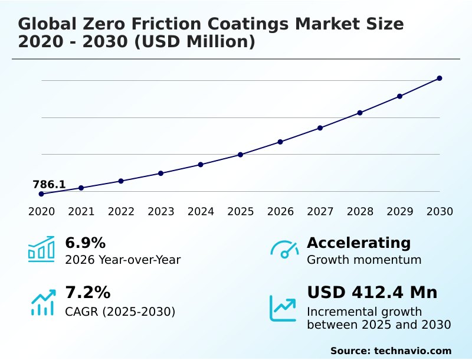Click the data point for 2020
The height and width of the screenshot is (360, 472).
pos(41,194)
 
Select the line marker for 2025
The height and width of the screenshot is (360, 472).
pos(241,155)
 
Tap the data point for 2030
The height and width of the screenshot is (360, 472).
pos(440,78)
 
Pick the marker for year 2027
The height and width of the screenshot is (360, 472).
pos(320,127)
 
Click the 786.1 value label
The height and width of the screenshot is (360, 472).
pos(49,184)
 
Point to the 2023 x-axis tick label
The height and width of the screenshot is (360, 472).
pos(161,211)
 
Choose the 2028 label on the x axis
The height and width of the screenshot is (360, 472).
pos(360,211)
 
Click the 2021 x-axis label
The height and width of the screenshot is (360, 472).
pos(81,211)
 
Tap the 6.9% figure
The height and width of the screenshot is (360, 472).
pos(85,243)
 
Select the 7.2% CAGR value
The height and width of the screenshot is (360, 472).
pos(87,292)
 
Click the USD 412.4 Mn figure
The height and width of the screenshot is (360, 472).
pos(372,292)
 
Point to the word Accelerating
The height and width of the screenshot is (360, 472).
pos(359,243)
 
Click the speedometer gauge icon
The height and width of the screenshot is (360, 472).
pos(284,249)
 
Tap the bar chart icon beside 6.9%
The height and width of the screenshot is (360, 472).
pos(41,249)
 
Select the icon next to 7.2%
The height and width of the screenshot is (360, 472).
pos(42,302)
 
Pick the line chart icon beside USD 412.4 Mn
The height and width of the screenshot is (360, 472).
pos(283,308)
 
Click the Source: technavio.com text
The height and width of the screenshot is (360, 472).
pos(391,351)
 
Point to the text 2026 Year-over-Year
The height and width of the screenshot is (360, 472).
pos(123,260)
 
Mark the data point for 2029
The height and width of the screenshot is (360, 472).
pos(400,96)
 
